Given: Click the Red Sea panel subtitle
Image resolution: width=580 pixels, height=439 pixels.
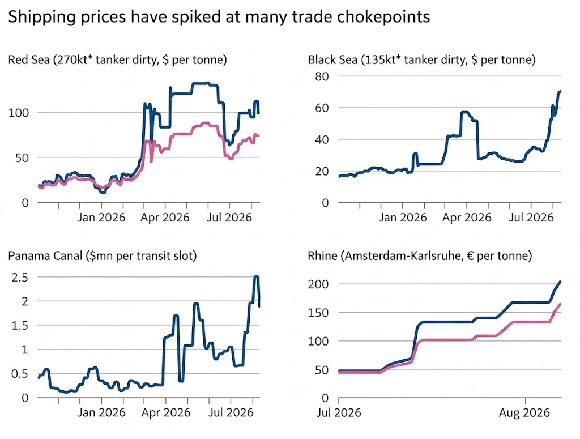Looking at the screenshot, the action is point(118,59).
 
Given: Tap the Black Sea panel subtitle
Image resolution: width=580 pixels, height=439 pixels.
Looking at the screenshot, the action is point(421,59).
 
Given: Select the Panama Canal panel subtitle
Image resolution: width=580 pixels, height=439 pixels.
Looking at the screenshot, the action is point(103,255).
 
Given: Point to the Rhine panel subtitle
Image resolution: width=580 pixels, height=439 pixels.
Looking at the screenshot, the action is point(420,255).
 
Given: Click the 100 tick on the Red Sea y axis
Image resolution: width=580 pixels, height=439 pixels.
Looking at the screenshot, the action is point(19,113).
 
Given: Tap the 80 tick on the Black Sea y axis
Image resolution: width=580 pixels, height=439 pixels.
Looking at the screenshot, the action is point(322,76).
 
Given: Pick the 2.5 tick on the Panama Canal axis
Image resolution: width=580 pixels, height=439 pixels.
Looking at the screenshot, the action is point(20,278).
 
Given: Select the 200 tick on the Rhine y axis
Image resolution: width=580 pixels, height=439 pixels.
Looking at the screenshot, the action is point(318,284).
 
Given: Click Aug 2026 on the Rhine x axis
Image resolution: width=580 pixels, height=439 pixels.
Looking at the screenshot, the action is point(524,412).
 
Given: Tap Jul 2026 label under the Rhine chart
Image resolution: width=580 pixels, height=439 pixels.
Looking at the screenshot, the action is point(339,412).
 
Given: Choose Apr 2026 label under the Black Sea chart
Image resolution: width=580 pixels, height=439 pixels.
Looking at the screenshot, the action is point(467,217).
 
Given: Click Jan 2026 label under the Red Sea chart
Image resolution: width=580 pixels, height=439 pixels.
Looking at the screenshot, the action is point(101,217).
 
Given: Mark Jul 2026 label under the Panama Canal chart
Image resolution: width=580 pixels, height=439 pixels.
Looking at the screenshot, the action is point(231,412).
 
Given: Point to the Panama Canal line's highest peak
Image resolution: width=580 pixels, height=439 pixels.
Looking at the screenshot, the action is point(257,276).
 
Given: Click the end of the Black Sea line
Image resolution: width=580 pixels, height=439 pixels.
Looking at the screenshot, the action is point(561,91).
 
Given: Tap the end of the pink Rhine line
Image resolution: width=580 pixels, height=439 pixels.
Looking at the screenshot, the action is point(560,304).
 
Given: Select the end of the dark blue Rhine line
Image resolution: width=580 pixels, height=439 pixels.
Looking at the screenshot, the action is point(560,282).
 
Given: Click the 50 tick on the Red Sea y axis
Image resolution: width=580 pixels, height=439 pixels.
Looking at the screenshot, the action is point(22,158).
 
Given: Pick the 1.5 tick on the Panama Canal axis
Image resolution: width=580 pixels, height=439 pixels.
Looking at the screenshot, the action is point(20,326).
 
